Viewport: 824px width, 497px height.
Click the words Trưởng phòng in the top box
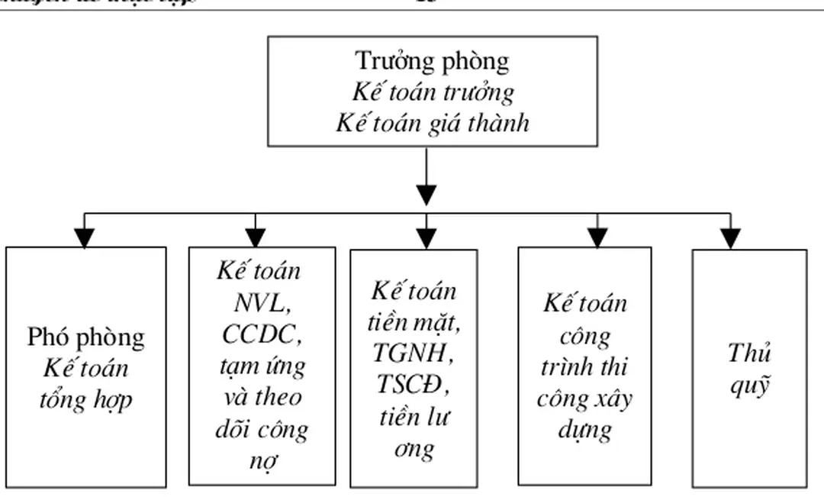[x=432, y=61]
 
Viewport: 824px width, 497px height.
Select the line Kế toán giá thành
[x=432, y=123]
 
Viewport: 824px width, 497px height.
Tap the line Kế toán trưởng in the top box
[x=432, y=92]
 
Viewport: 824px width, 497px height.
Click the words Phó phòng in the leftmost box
[x=85, y=337]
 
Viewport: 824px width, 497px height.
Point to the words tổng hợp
[x=85, y=399]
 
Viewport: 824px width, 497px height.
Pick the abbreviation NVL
[x=262, y=303]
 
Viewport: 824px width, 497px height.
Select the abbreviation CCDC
[x=262, y=334]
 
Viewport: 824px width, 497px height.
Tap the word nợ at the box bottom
[x=262, y=461]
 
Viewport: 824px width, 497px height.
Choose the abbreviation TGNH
[x=414, y=354]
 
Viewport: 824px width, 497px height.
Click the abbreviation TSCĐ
[x=414, y=386]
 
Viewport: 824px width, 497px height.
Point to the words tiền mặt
[x=414, y=323]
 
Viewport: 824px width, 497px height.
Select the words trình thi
[x=584, y=366]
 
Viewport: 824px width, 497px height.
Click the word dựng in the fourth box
[x=584, y=430]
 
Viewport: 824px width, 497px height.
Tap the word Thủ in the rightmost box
[x=749, y=353]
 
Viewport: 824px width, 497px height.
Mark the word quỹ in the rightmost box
[x=749, y=385]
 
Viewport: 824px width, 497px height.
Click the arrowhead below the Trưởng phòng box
[x=426, y=195]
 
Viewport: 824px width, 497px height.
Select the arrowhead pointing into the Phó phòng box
[x=85, y=237]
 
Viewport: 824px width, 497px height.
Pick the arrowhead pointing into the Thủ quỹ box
[x=730, y=238]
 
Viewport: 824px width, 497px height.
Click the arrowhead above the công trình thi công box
[x=597, y=237]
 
